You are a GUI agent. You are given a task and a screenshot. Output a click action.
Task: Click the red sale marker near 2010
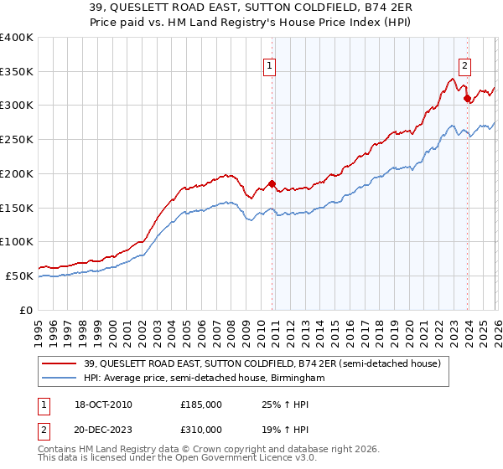(272, 183)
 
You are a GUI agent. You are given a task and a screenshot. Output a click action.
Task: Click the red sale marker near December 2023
(467, 98)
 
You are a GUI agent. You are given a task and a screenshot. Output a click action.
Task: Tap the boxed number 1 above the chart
(270, 64)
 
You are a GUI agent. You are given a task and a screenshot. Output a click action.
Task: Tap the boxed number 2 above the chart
(464, 64)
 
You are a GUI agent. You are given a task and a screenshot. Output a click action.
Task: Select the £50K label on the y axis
(20, 276)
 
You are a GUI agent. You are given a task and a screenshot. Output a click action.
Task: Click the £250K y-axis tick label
(17, 140)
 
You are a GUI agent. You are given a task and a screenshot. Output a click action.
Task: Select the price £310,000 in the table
(201, 429)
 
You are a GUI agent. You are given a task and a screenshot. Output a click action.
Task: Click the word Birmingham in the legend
(295, 379)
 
